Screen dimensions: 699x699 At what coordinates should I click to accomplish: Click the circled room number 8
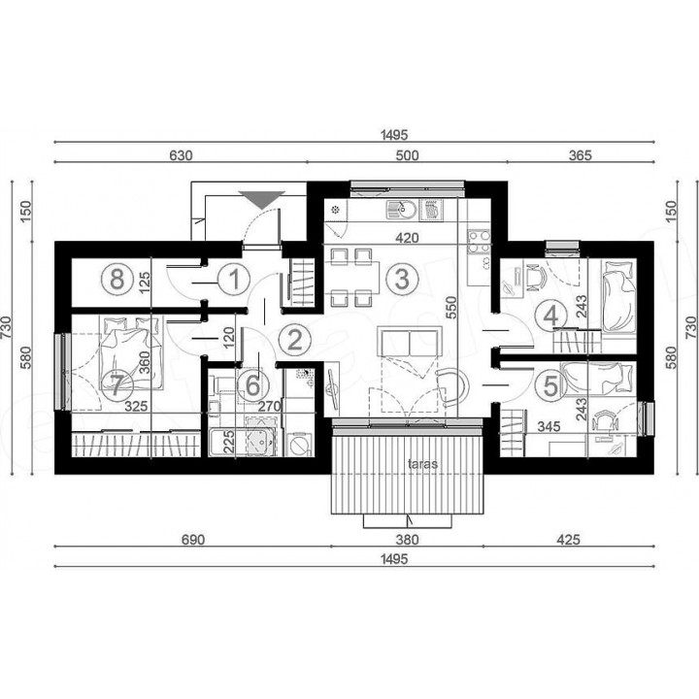pyautogui.click(x=117, y=280)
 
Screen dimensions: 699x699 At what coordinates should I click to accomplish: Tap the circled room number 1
pyautogui.click(x=234, y=279)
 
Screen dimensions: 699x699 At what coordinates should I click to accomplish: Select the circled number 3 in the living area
pyautogui.click(x=402, y=279)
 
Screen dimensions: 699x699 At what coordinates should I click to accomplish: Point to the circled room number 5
pyautogui.click(x=551, y=385)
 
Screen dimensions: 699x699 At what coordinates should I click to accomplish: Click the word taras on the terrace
pyautogui.click(x=422, y=464)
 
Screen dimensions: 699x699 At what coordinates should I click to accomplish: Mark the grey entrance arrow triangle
pyautogui.click(x=262, y=200)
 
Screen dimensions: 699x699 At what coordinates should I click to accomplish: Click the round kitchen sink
pyautogui.click(x=401, y=210)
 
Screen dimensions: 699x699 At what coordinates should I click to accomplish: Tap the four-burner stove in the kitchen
pyautogui.click(x=479, y=241)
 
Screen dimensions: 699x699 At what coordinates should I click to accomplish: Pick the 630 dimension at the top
pyautogui.click(x=181, y=155)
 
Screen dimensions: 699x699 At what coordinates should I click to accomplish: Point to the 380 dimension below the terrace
pyautogui.click(x=408, y=540)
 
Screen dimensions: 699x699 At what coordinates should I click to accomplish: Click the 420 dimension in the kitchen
pyautogui.click(x=408, y=238)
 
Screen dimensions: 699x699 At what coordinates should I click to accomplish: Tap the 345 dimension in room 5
pyautogui.click(x=549, y=426)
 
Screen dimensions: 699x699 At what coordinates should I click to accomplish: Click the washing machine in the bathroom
pyautogui.click(x=299, y=444)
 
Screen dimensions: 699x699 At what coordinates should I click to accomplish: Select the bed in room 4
pyautogui.click(x=617, y=296)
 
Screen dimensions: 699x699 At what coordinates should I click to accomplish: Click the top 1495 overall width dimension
pyautogui.click(x=394, y=135)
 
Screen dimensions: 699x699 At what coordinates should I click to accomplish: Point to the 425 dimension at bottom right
pyautogui.click(x=568, y=540)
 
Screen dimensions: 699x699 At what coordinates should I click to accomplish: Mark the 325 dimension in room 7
pyautogui.click(x=136, y=406)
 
